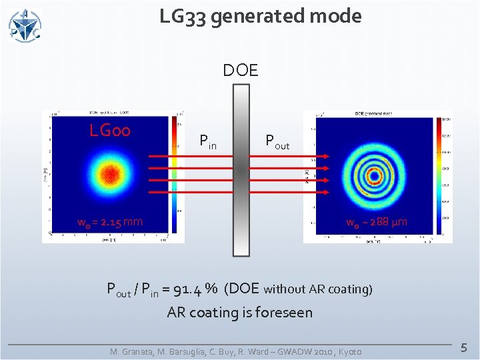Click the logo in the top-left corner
pyautogui.click(x=25, y=25)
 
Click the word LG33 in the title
pyautogui.click(x=185, y=16)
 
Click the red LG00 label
pyautogui.click(x=110, y=130)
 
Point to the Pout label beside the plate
pyautogui.click(x=277, y=141)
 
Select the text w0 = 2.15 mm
pyautogui.click(x=110, y=221)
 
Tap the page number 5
pyautogui.click(x=464, y=347)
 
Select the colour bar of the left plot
pyautogui.click(x=177, y=175)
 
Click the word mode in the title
pyautogui.click(x=340, y=16)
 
